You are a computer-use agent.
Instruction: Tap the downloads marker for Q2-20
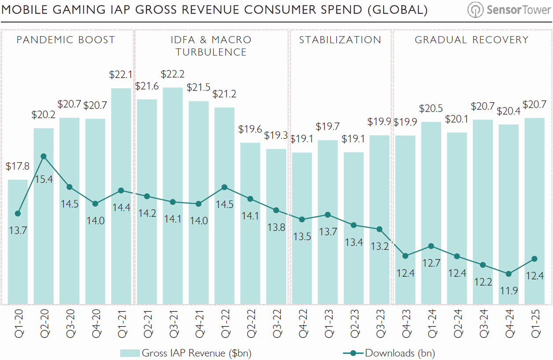click(x=44, y=156)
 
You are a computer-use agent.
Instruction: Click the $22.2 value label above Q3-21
click(x=173, y=74)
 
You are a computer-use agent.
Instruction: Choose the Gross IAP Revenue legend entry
click(x=185, y=353)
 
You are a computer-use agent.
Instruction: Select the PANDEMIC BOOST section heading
click(x=66, y=40)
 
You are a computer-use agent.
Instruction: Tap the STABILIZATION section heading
click(x=340, y=40)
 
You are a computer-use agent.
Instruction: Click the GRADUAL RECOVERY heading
click(x=472, y=40)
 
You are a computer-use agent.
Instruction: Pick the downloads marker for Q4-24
click(x=509, y=274)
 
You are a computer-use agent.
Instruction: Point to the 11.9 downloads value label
click(x=509, y=291)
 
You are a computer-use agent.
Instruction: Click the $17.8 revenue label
click(x=18, y=167)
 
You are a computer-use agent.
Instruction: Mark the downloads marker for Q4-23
click(x=406, y=256)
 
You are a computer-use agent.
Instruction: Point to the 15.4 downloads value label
click(x=44, y=179)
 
